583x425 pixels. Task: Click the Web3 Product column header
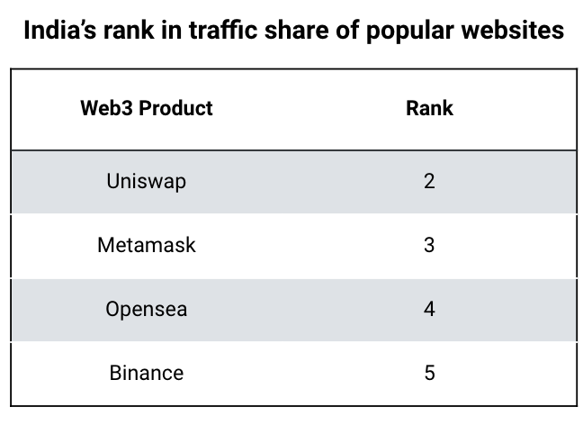tap(147, 109)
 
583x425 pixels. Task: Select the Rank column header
tap(429, 109)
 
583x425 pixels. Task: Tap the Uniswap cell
tap(147, 181)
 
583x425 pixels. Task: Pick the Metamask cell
tap(147, 244)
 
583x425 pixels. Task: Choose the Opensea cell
tap(147, 309)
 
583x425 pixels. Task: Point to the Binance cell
tap(147, 372)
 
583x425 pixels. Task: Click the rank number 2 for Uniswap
tap(429, 181)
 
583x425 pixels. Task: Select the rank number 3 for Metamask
tap(429, 244)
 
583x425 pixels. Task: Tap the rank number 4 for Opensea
tap(429, 309)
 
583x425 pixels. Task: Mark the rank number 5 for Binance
tap(429, 372)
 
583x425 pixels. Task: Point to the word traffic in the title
tap(211, 31)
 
